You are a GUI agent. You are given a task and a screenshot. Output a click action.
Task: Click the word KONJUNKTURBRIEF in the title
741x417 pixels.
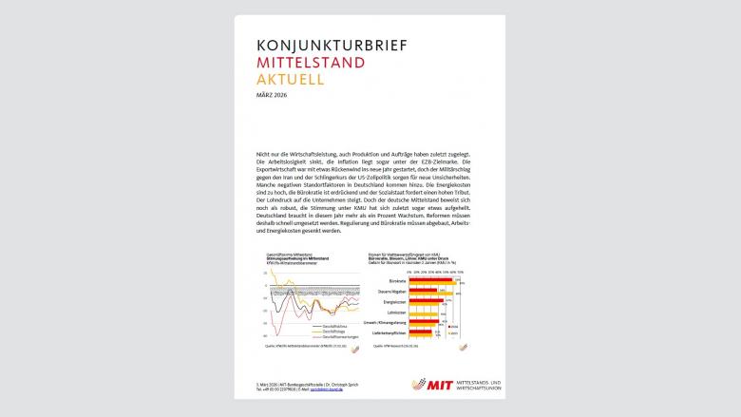(x=321, y=45)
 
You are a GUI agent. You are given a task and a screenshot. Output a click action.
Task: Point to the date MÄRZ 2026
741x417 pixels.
(x=272, y=96)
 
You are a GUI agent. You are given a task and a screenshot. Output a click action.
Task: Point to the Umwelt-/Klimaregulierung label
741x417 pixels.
(x=394, y=324)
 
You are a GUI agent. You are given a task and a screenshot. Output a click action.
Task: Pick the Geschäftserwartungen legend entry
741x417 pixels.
(x=337, y=336)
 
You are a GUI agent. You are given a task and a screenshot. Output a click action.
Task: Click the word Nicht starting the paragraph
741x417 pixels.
(x=263, y=153)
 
